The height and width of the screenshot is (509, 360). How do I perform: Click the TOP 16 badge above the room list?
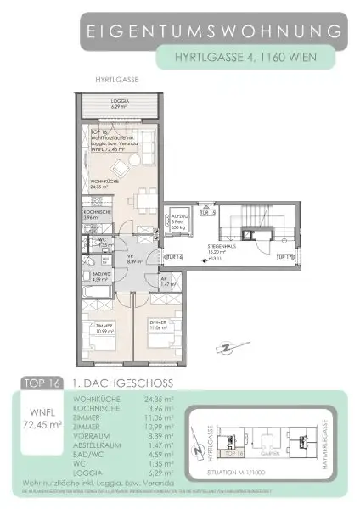[49, 383]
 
